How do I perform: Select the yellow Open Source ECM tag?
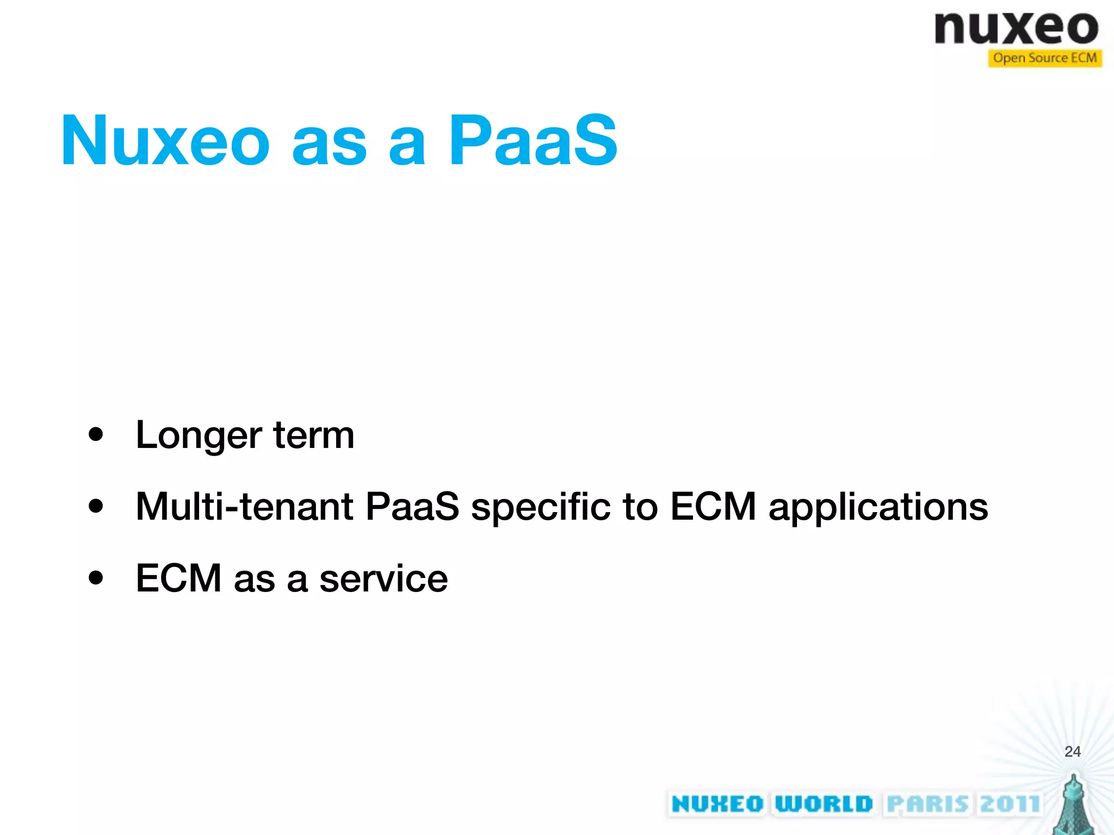pos(1044,58)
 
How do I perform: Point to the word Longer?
pos(199,436)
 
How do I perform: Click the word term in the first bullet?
pos(314,436)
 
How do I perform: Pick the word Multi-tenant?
pos(245,507)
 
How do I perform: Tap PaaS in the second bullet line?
pos(412,507)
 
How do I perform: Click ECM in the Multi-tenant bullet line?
pos(713,507)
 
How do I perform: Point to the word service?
pos(383,578)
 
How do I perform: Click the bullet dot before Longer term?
pos(96,435)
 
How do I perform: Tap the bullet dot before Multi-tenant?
pos(96,506)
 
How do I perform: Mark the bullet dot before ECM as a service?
pos(96,578)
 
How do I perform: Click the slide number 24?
pos(1072,751)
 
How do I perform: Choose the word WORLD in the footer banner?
pos(824,804)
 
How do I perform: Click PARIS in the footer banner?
pos(927,804)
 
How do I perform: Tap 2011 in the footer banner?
pos(1010,804)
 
